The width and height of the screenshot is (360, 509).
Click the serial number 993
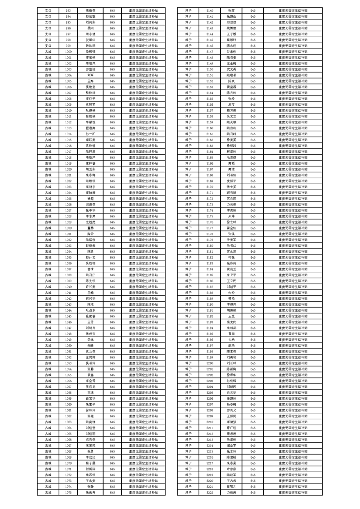[x=68, y=10]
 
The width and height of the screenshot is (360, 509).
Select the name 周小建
[x=90, y=34]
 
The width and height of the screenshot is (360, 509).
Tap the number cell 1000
[x=68, y=52]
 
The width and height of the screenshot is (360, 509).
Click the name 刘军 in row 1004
[x=90, y=75]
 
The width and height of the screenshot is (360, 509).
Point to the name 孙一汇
[x=90, y=134]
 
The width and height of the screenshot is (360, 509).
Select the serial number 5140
[x=210, y=10]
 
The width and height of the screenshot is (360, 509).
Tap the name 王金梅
[x=232, y=64]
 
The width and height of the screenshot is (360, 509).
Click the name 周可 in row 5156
[x=232, y=104]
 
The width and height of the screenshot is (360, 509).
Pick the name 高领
[x=232, y=163]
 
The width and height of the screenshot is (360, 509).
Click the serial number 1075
[x=68, y=492]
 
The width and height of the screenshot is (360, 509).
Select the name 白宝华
[x=90, y=398]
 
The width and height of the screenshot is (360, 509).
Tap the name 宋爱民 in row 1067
[x=90, y=445]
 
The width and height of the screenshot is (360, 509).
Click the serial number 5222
[x=210, y=492]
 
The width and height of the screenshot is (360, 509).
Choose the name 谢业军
[x=232, y=445]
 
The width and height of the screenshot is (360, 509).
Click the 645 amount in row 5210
[x=253, y=422]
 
